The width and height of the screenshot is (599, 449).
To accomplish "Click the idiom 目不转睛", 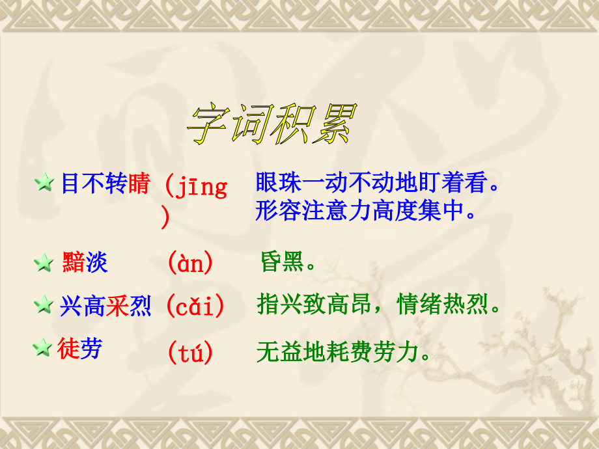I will tap(105, 184).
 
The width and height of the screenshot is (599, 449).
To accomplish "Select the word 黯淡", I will tap(85, 263).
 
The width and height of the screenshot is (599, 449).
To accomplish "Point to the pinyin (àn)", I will tap(190, 263).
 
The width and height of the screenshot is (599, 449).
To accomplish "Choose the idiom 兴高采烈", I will tap(105, 305).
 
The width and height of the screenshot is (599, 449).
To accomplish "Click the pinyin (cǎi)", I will tap(195, 305).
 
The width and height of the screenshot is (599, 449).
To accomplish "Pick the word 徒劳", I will tap(79, 349).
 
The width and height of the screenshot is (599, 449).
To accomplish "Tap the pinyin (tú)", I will tap(190, 353).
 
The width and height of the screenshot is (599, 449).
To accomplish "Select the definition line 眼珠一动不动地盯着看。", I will tap(378, 184).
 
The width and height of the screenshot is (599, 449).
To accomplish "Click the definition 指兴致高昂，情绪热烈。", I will tap(379, 305).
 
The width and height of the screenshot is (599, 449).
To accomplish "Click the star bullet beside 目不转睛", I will tap(44, 184).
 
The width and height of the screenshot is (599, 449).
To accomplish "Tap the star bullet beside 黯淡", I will tap(44, 263).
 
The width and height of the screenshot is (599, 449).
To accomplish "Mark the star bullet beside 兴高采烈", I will tap(44, 305).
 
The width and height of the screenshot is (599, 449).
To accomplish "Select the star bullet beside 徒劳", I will tap(43, 349).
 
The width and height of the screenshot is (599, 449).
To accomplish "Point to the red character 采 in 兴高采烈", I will tap(117, 305).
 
